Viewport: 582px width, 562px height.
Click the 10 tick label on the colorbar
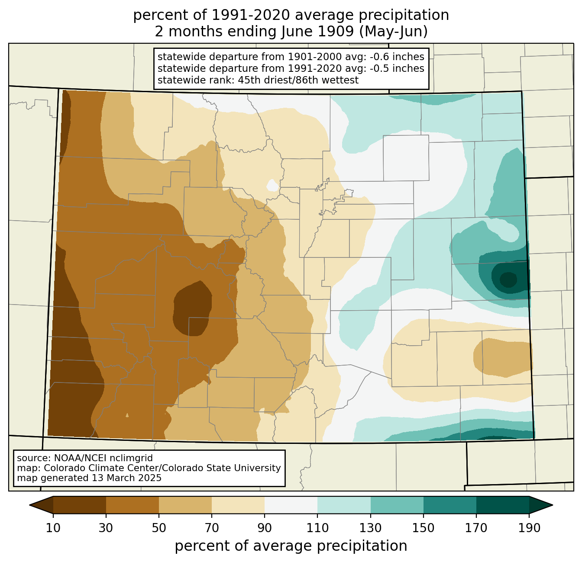pyautogui.click(x=53, y=528)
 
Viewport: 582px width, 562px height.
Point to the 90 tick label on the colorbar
pyautogui.click(x=265, y=528)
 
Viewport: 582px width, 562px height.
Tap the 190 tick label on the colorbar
pyautogui.click(x=529, y=528)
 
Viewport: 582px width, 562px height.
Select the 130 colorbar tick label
pyautogui.click(x=370, y=528)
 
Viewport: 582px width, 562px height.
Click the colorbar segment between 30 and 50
pyautogui.click(x=132, y=505)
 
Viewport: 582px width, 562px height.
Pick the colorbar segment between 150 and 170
pyautogui.click(x=450, y=505)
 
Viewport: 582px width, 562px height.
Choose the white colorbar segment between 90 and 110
pyautogui.click(x=291, y=505)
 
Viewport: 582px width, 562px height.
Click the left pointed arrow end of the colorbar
pyautogui.click(x=41, y=505)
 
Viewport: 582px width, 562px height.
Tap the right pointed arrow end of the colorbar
pyautogui.click(x=541, y=505)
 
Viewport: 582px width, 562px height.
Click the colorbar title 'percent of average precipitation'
pyautogui.click(x=291, y=546)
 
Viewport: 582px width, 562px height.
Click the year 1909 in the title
pyautogui.click(x=336, y=32)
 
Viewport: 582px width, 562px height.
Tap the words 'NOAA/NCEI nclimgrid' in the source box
pyautogui.click(x=103, y=458)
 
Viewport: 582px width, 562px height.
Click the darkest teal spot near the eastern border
pyautogui.click(x=508, y=279)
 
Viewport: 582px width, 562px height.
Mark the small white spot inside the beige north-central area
pyautogui.click(x=272, y=185)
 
